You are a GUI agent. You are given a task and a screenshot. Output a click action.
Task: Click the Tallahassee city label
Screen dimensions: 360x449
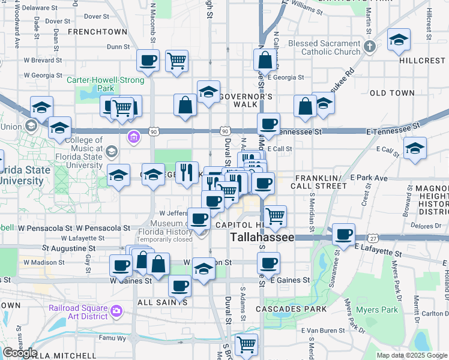(263, 238)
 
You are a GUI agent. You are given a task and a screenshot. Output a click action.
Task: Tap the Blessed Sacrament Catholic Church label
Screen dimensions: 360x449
(324, 48)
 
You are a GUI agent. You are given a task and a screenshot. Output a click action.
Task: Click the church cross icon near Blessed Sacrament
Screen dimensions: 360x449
(370, 47)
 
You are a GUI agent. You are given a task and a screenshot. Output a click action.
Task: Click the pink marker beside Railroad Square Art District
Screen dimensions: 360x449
(116, 311)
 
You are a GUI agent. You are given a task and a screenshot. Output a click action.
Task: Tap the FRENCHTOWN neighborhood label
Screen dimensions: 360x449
(97, 31)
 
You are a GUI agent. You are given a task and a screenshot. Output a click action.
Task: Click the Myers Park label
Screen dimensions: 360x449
(381, 310)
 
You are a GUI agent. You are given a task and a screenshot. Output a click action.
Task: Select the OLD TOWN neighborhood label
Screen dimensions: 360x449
(392, 93)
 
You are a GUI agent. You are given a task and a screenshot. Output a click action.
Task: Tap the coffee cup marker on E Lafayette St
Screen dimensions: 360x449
(343, 234)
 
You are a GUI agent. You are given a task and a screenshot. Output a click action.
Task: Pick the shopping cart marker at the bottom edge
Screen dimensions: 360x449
(246, 344)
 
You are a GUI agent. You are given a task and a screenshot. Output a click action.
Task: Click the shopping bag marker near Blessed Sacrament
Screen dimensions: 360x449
(265, 60)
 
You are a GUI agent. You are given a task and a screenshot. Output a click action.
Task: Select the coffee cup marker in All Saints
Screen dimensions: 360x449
(179, 286)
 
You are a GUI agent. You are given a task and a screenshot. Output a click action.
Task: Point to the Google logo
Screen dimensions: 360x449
(19, 353)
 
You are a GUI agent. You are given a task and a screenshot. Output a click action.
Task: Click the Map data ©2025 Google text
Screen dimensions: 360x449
(412, 355)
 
